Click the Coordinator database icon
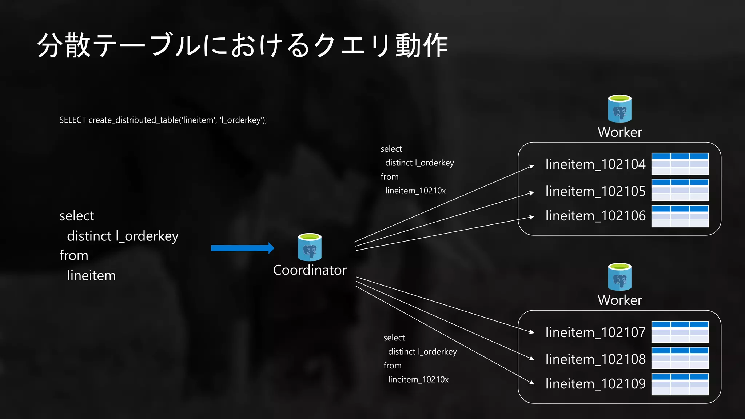(310, 247)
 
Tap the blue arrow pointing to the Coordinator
(242, 248)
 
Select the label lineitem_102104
(595, 164)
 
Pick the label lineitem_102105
(595, 191)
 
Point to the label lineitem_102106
(595, 216)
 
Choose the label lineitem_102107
(595, 332)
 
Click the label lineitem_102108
(595, 359)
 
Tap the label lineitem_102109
(595, 384)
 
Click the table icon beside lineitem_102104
(680, 164)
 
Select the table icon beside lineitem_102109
(680, 384)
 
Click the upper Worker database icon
(619, 109)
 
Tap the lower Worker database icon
(619, 277)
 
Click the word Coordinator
(310, 270)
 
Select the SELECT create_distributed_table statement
(163, 120)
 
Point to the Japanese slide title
(242, 45)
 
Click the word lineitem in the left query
(91, 276)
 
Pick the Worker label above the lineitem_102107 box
(619, 300)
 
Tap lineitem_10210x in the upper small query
(415, 191)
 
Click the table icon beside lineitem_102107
(680, 332)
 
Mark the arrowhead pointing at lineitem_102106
(532, 217)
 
